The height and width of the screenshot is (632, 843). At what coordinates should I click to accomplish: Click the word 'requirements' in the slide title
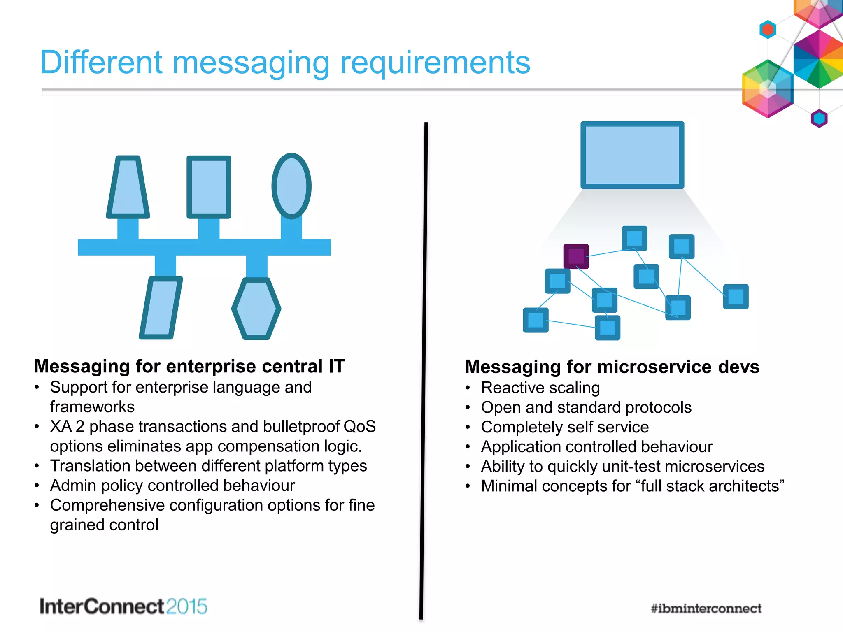[x=435, y=63]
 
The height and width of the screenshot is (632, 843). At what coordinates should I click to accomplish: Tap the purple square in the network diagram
[x=576, y=256]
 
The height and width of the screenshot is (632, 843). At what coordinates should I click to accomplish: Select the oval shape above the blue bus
[x=291, y=186]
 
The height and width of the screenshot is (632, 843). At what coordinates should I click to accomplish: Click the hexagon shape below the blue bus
[x=256, y=309]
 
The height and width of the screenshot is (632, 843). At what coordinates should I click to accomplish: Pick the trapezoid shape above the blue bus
[x=128, y=187]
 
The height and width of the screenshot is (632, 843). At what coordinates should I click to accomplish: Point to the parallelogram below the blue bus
[x=161, y=308]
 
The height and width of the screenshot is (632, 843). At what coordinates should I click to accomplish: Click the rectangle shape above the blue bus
[x=209, y=187]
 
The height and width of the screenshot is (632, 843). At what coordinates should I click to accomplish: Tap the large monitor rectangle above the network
[x=632, y=155]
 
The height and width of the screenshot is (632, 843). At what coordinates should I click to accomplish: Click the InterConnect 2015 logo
[x=123, y=606]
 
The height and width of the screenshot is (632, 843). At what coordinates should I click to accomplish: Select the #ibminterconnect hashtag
[x=706, y=608]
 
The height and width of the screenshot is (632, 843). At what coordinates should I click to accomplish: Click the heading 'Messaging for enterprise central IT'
[x=189, y=366]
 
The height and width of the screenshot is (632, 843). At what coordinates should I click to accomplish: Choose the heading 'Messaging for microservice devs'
[x=612, y=367]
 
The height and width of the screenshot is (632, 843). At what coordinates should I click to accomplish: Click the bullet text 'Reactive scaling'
[x=540, y=388]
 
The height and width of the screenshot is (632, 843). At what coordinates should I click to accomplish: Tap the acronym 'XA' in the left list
[x=61, y=427]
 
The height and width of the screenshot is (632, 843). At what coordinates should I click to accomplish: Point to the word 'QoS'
[x=359, y=427]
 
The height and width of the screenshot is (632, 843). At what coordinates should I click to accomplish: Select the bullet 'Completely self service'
[x=565, y=427]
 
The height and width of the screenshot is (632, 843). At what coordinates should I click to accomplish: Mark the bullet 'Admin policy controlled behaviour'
[x=172, y=486]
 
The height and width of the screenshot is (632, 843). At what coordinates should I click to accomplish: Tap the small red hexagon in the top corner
[x=768, y=30]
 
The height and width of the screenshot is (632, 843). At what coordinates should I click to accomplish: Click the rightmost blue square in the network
[x=736, y=296]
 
